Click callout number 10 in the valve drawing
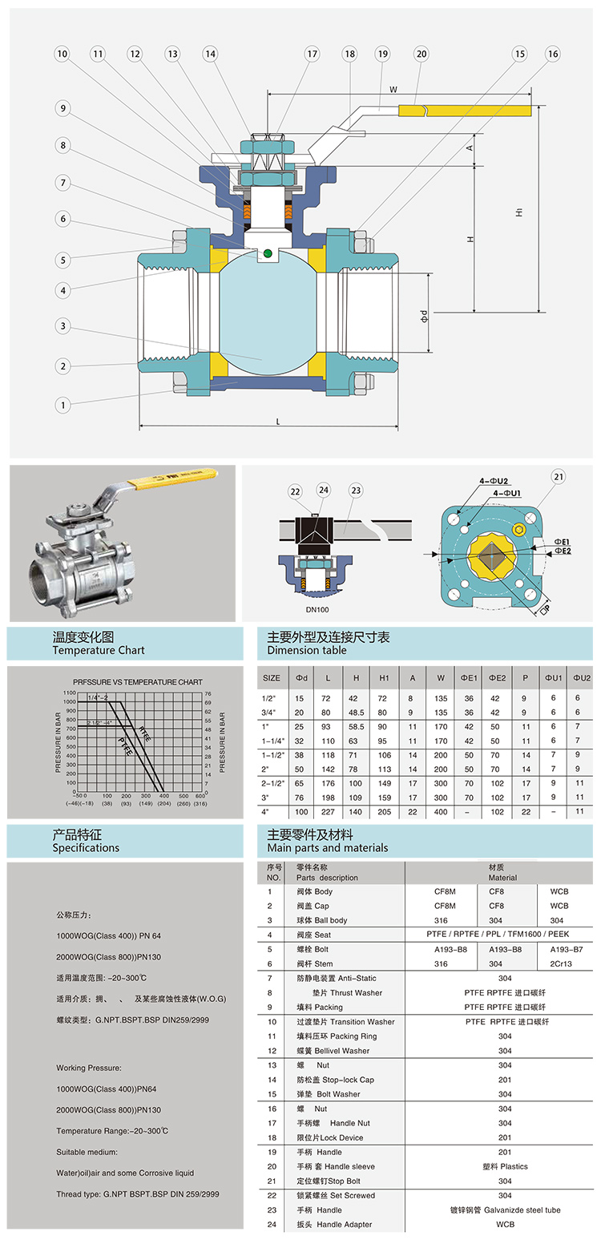pyautogui.click(x=62, y=54)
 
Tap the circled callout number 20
pyautogui.click(x=421, y=54)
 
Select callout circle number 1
pyautogui.click(x=62, y=405)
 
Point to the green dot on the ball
pyautogui.click(x=267, y=255)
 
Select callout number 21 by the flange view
pyautogui.click(x=558, y=477)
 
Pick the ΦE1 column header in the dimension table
pyautogui.click(x=469, y=677)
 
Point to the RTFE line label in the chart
pyautogui.click(x=144, y=731)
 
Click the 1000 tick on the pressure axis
pyautogui.click(x=70, y=702)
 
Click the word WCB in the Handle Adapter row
pyautogui.click(x=505, y=1224)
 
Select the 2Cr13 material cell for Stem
pyautogui.click(x=561, y=963)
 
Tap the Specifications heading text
pyautogui.click(x=86, y=847)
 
